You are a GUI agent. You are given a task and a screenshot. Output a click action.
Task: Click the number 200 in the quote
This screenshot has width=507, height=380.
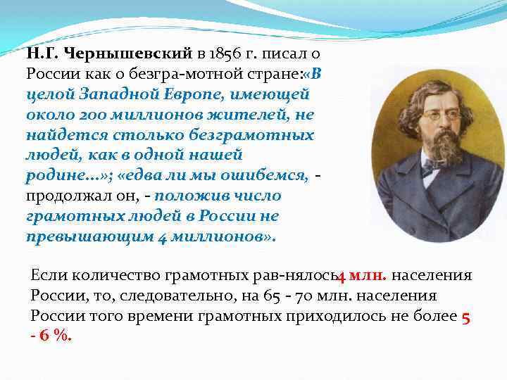tap(88, 114)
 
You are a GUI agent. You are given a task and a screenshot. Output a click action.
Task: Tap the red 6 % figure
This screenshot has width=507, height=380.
tap(55, 336)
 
